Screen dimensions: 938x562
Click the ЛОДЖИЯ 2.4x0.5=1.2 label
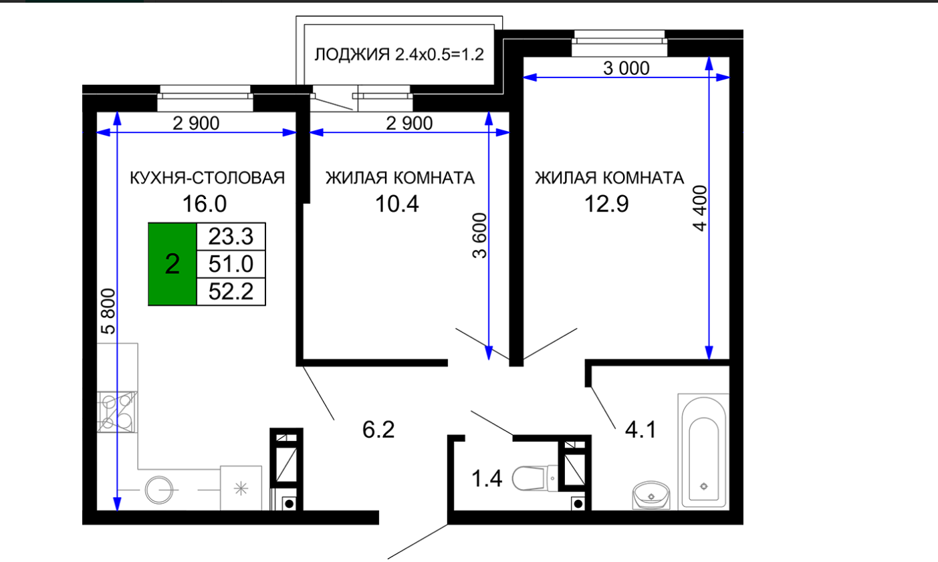(399, 54)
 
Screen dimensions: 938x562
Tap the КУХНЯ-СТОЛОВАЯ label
(207, 178)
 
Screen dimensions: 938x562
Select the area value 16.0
(205, 204)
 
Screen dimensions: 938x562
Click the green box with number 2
(172, 264)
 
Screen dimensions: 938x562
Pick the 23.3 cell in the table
(231, 237)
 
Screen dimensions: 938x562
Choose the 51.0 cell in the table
(231, 264)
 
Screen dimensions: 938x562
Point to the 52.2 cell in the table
(231, 291)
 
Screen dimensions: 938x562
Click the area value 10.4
(396, 204)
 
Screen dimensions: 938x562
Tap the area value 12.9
(606, 204)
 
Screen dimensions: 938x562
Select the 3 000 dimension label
(626, 68)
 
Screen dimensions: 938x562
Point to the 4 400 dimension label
(700, 208)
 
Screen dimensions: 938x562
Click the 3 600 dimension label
(480, 236)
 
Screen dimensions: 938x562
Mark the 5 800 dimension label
(108, 311)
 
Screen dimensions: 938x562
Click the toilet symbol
(535, 478)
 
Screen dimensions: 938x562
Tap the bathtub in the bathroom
(704, 452)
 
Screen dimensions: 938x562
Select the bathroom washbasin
(651, 495)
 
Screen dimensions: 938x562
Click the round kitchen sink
(159, 490)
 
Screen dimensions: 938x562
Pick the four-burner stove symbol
(117, 412)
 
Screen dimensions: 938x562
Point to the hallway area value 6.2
(378, 430)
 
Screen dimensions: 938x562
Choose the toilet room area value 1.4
(487, 478)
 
